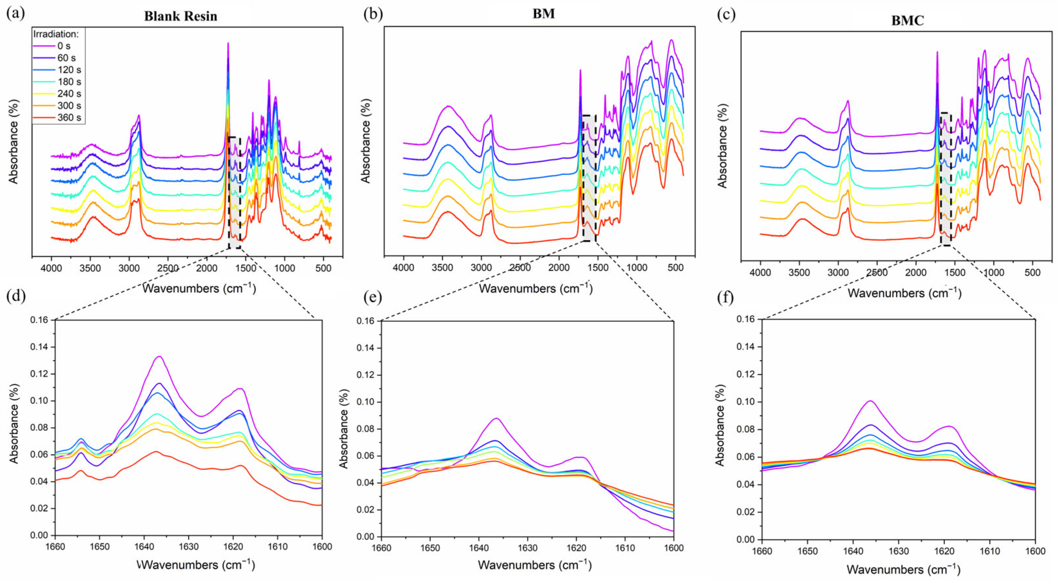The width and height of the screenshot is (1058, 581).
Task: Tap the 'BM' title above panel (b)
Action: click(x=543, y=14)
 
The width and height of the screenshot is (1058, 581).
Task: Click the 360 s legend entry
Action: click(x=69, y=117)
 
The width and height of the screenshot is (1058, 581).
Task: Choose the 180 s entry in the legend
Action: click(x=69, y=82)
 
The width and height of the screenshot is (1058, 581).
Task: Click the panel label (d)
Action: click(x=16, y=297)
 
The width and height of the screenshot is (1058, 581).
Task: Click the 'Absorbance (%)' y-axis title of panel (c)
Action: click(x=722, y=146)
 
